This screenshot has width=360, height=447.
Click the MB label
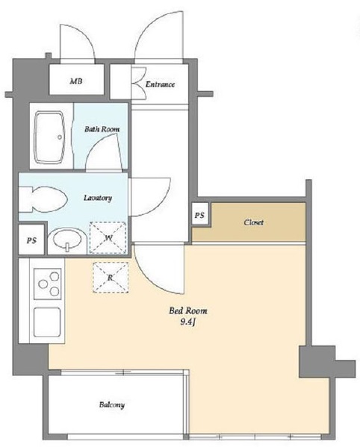76,81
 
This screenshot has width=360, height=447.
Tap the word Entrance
160,84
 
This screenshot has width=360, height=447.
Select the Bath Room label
102,129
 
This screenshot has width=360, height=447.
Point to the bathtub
49,137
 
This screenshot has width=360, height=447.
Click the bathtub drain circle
60,137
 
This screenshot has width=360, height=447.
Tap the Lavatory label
98,198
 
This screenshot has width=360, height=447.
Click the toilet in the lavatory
43,199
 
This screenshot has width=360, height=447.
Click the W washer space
108,238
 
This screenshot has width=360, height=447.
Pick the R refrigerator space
111,278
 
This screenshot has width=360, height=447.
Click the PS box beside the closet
199,214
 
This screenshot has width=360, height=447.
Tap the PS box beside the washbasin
31,240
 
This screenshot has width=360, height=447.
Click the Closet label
254,222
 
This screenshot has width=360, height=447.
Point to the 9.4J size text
187,322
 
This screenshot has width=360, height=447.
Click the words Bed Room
188,310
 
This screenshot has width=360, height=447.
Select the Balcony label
112,404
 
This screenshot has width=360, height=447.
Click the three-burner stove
48,284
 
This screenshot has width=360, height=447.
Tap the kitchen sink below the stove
47,322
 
